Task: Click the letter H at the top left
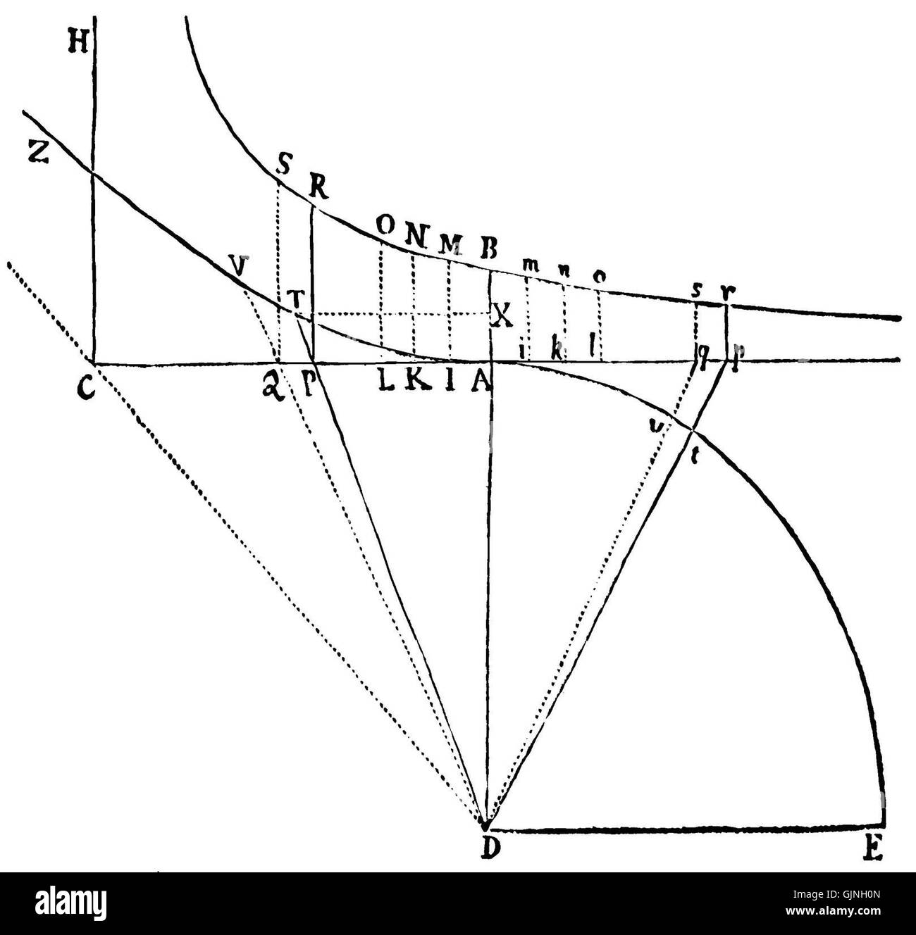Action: point(78,44)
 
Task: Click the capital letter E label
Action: point(872,850)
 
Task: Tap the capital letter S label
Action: point(284,166)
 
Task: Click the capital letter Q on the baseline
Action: point(273,386)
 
